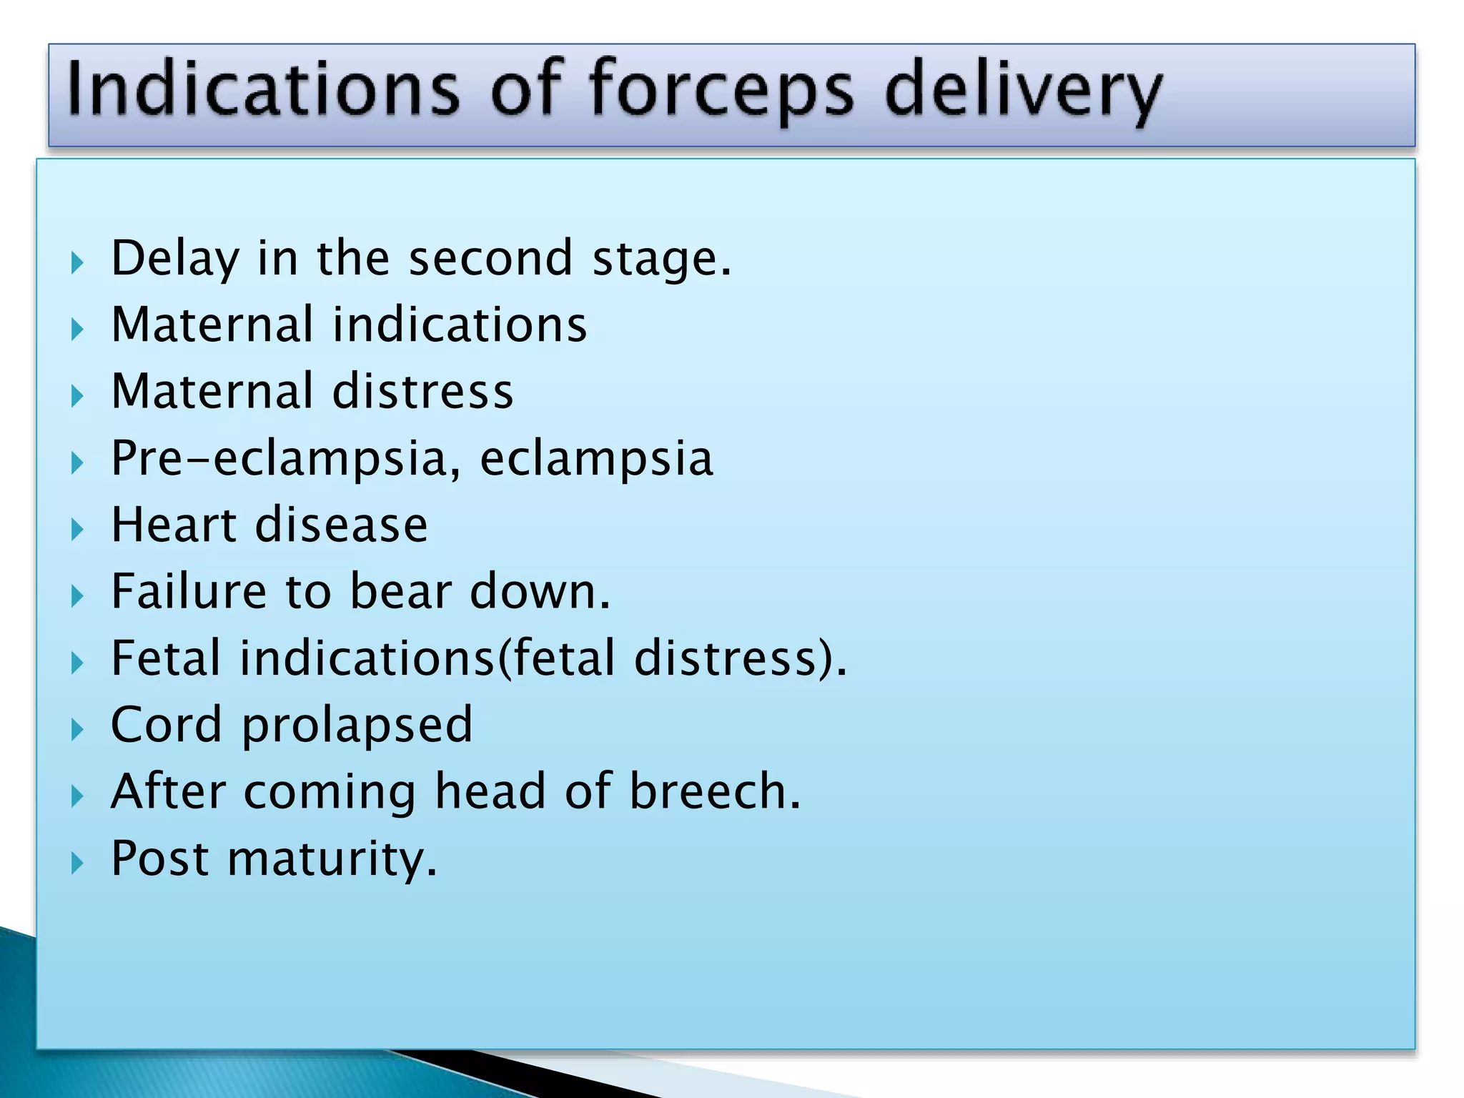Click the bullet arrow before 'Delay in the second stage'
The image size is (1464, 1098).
click(x=77, y=262)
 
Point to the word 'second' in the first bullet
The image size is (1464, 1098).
click(x=490, y=258)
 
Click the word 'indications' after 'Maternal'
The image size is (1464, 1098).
click(x=460, y=325)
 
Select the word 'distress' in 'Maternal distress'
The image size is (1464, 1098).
click(x=422, y=392)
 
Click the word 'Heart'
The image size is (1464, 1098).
click(x=174, y=525)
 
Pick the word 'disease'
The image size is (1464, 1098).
click(x=342, y=525)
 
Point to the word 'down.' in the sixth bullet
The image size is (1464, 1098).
click(x=540, y=592)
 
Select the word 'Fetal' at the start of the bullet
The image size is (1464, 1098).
click(x=166, y=658)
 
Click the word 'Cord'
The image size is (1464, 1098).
click(x=166, y=725)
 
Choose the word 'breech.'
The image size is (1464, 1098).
click(x=715, y=791)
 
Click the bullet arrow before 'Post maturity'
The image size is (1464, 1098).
click(x=77, y=863)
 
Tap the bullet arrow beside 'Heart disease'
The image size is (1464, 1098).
click(x=77, y=530)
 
